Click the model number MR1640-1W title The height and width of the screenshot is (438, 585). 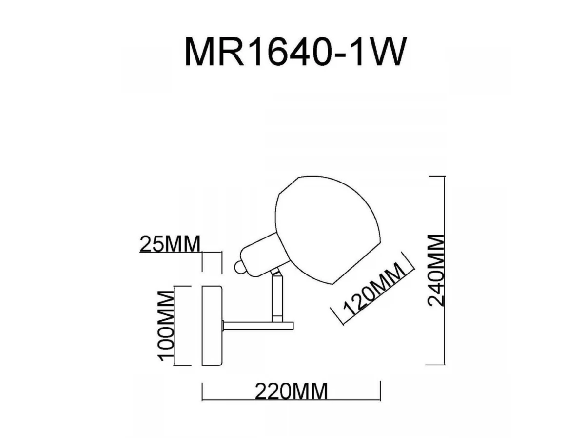[295, 51]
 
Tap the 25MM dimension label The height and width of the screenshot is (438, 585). [170, 244]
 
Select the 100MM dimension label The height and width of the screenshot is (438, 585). [166, 326]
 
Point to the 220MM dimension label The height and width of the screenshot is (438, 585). [291, 391]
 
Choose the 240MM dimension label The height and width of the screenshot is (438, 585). [436, 270]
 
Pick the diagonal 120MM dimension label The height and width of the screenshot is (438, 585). [373, 289]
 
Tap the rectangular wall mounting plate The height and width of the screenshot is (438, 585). [212, 326]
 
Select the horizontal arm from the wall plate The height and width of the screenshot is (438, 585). [258, 326]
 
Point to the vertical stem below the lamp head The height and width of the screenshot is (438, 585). [277, 298]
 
